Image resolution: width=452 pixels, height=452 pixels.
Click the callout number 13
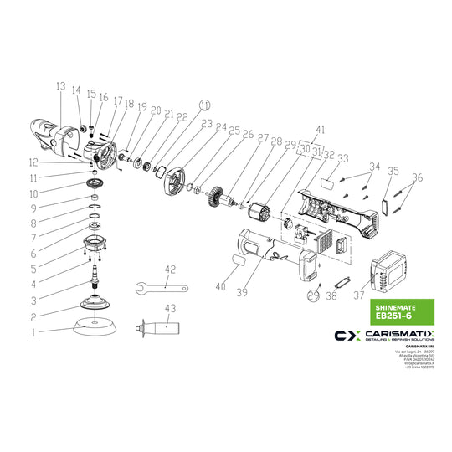coord(60,86)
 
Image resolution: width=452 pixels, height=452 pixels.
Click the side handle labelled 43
coord(156,326)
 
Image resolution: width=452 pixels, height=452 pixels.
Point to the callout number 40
coord(220,286)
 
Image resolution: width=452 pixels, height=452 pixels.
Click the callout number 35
coord(393,172)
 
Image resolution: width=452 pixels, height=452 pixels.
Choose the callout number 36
coord(418,177)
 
